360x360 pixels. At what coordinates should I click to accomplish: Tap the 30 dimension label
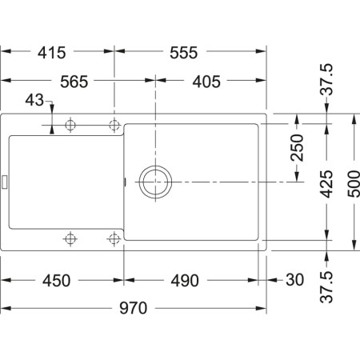(x=294, y=281)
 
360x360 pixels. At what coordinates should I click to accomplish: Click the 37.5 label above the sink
(x=326, y=82)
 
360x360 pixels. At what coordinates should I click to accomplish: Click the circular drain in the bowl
(x=155, y=181)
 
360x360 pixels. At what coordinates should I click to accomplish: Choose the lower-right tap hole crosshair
(x=114, y=238)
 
